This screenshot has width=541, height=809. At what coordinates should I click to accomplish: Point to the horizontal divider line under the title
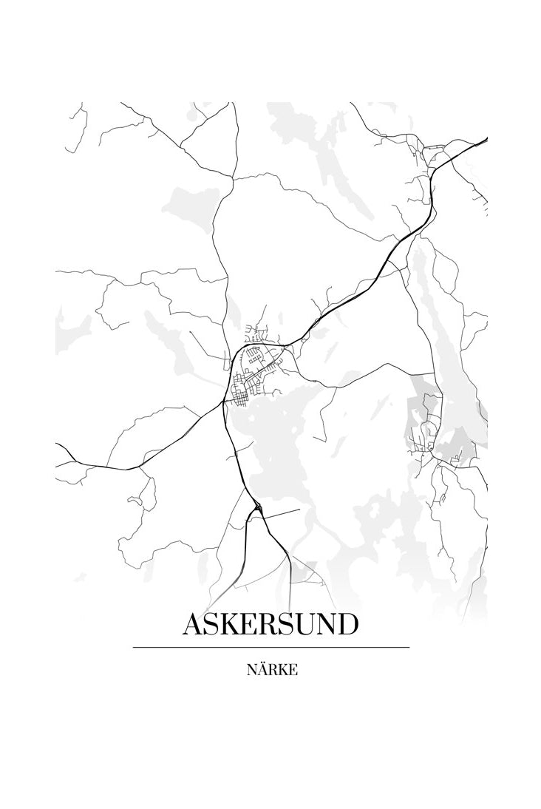tap(270, 648)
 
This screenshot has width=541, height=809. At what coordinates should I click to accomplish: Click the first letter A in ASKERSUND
tap(193, 624)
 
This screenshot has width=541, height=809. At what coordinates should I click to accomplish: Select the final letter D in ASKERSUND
tap(346, 624)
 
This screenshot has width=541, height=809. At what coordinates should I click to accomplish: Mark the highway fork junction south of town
tap(257, 508)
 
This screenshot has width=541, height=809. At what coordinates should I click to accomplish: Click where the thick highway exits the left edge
tap(58, 446)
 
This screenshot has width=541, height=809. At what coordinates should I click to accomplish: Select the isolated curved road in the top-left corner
tap(78, 126)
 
